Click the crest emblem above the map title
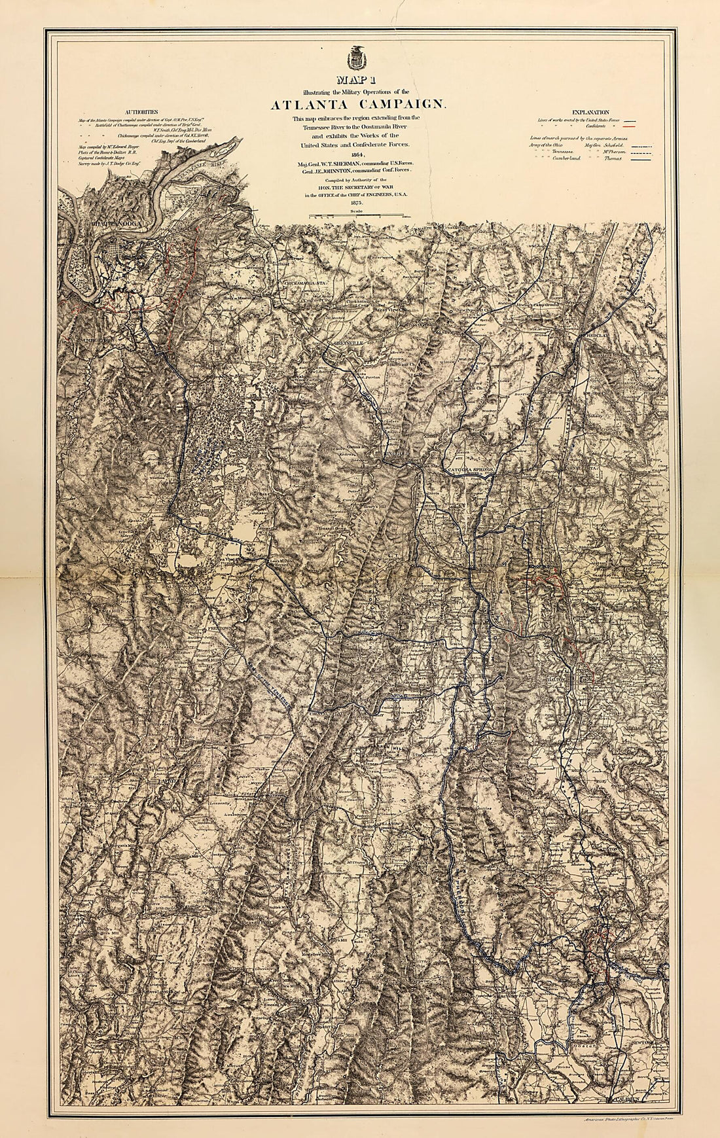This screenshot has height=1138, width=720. point(357,58)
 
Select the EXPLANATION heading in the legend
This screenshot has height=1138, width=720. point(590,113)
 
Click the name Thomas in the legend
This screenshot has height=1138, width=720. point(613,158)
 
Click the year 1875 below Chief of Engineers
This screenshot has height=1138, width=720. point(357,202)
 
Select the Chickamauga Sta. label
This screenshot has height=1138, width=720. point(302,282)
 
